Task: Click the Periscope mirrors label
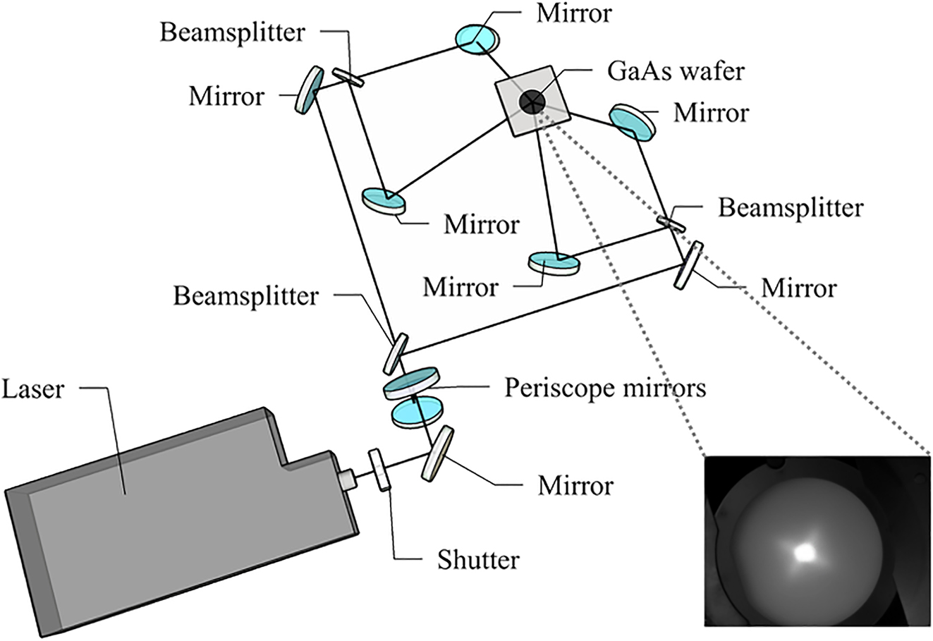[x=604, y=387]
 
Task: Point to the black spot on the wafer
[x=532, y=102]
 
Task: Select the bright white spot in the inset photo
[x=803, y=553]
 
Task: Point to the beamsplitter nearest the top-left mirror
[x=348, y=77]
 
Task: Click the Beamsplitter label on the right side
[x=790, y=208]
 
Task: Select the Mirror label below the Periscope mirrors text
[x=575, y=486]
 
